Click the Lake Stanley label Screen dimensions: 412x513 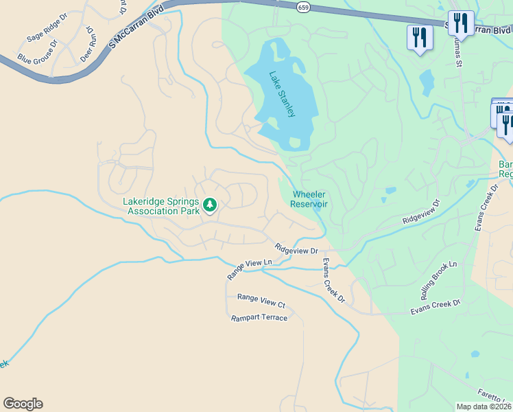283,94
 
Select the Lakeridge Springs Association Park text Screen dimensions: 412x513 160,206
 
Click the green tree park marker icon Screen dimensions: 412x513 210,205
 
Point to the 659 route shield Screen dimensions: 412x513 302,6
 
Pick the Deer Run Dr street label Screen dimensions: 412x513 86,45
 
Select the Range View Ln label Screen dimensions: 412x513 250,268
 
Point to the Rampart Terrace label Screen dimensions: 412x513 259,317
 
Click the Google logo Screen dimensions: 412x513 23,404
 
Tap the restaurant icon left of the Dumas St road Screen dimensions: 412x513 419,38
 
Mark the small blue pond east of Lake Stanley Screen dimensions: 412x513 427,82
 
